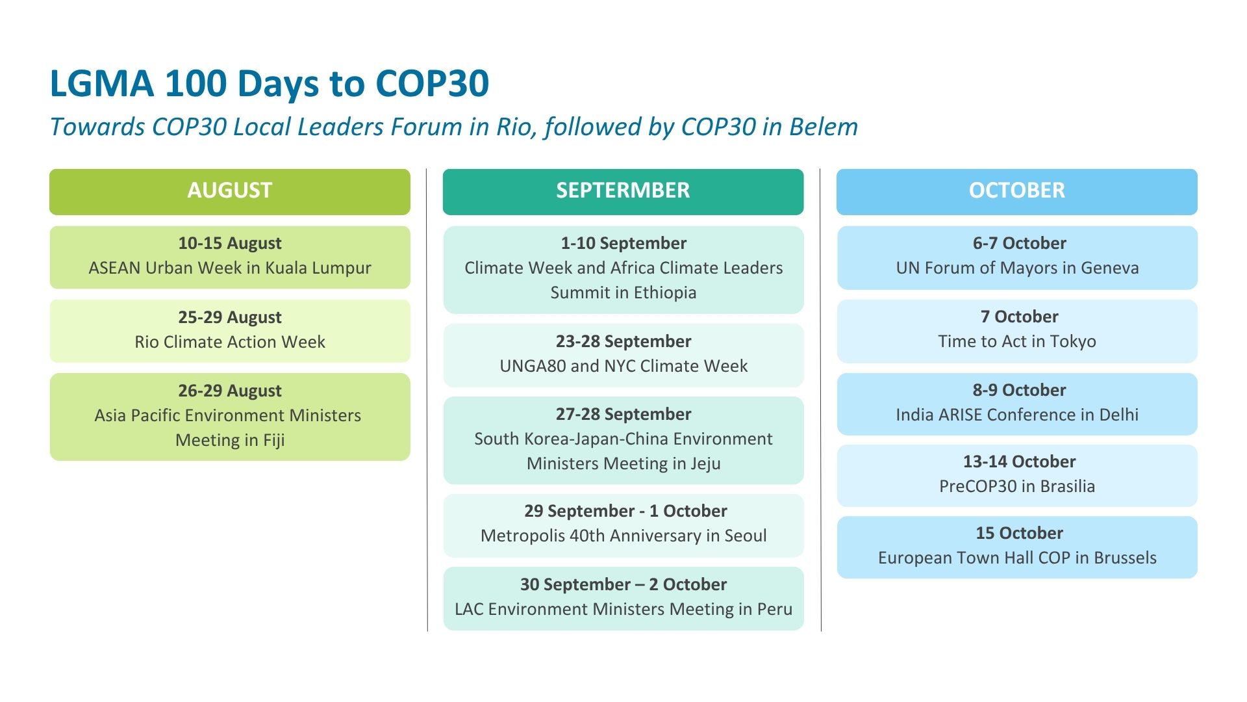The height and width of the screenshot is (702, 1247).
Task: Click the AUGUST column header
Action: click(230, 191)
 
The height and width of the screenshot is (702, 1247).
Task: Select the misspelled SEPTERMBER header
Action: click(623, 191)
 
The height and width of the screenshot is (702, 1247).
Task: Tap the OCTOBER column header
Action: click(1017, 191)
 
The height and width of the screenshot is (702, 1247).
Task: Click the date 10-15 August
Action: click(230, 243)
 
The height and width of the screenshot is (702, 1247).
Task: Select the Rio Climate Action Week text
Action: click(230, 342)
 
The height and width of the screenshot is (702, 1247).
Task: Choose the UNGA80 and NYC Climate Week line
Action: click(623, 366)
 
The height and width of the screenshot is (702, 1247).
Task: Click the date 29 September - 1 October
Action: click(625, 511)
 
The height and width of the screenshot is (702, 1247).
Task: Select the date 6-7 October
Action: click(1019, 243)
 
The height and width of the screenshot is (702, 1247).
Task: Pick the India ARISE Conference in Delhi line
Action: click(1017, 415)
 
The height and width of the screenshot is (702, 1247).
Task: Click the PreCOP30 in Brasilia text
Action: click(1017, 486)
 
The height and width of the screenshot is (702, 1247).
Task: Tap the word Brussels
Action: click(1125, 558)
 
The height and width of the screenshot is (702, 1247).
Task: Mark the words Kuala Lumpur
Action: click(318, 268)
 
